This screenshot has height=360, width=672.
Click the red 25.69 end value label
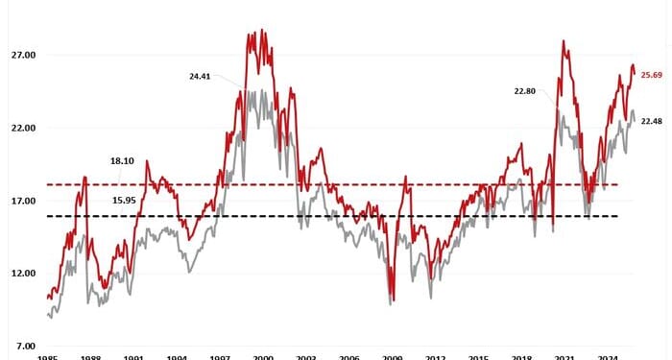coord(652,75)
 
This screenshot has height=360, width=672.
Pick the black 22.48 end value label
coord(652,121)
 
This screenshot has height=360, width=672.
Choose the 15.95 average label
coord(124,200)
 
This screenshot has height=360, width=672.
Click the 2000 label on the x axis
coord(263,356)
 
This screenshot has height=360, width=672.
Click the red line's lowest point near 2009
coord(392,300)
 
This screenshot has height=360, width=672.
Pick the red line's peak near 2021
coord(563,41)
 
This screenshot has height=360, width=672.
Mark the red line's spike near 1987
coord(84,178)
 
